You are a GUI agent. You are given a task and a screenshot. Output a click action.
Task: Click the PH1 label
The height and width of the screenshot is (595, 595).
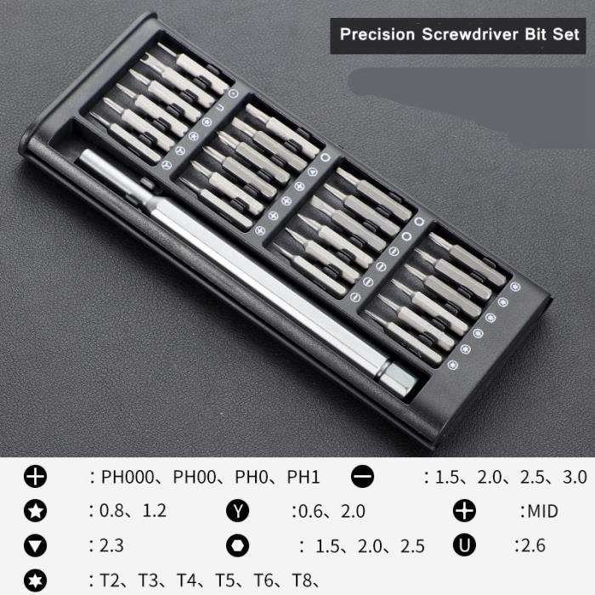[303, 478]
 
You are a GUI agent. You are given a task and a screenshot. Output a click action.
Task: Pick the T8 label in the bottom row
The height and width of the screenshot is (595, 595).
[302, 581]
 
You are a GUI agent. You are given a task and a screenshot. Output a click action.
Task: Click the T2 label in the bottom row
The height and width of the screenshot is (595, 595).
[111, 581]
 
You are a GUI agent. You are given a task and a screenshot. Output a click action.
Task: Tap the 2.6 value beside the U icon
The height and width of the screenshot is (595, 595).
[531, 545]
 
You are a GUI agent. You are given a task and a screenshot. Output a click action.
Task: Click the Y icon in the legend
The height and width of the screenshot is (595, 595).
[238, 512]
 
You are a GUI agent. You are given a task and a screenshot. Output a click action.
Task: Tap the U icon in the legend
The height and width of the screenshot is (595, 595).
[464, 545]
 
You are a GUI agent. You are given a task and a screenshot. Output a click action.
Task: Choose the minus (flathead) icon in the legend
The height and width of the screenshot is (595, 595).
[363, 477]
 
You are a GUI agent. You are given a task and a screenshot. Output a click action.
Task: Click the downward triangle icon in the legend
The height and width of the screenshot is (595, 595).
[36, 546]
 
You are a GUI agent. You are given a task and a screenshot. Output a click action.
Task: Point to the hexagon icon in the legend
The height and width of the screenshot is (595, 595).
[238, 545]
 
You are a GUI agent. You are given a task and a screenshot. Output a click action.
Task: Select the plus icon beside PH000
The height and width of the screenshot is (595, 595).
[36, 477]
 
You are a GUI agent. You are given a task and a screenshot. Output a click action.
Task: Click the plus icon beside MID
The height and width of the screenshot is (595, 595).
[464, 511]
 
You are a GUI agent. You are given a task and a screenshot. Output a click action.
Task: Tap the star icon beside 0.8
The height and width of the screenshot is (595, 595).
[36, 512]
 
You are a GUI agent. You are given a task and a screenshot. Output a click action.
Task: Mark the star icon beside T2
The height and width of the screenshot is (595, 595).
[36, 581]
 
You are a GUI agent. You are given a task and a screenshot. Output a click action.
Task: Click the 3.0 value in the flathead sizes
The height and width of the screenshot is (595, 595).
[574, 478]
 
